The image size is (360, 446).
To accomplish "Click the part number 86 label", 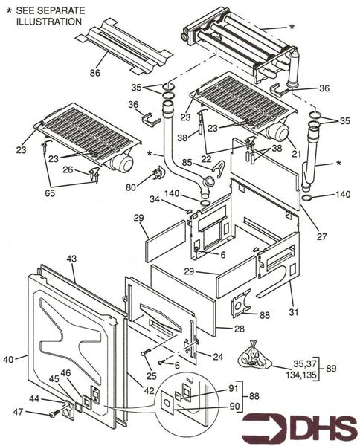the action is (x=95, y=73).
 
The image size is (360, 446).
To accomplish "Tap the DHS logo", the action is (x=300, y=427).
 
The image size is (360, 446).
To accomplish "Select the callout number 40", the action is (x=8, y=360).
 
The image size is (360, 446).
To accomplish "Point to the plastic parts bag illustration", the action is (x=254, y=354).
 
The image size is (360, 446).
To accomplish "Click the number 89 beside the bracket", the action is (x=331, y=369).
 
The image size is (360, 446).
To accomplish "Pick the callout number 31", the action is (x=293, y=311).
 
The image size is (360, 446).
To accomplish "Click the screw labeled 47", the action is (x=54, y=414).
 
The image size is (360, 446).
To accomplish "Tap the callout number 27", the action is (x=321, y=236).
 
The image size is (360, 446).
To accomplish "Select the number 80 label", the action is (x=131, y=187).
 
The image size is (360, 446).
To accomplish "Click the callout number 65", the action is (x=50, y=193).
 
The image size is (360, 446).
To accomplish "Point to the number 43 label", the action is (x=71, y=259).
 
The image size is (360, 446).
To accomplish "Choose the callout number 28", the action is (x=239, y=329).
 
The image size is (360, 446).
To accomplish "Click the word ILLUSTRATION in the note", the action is (x=49, y=22).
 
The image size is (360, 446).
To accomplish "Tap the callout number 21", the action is (x=296, y=154).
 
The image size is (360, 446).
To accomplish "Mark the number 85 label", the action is (x=187, y=162).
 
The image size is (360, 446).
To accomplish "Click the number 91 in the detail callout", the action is (x=234, y=388).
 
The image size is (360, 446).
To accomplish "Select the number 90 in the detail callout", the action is (x=234, y=406).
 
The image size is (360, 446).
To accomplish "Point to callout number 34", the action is (x=155, y=199).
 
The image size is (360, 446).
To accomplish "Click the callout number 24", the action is (x=218, y=357).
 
